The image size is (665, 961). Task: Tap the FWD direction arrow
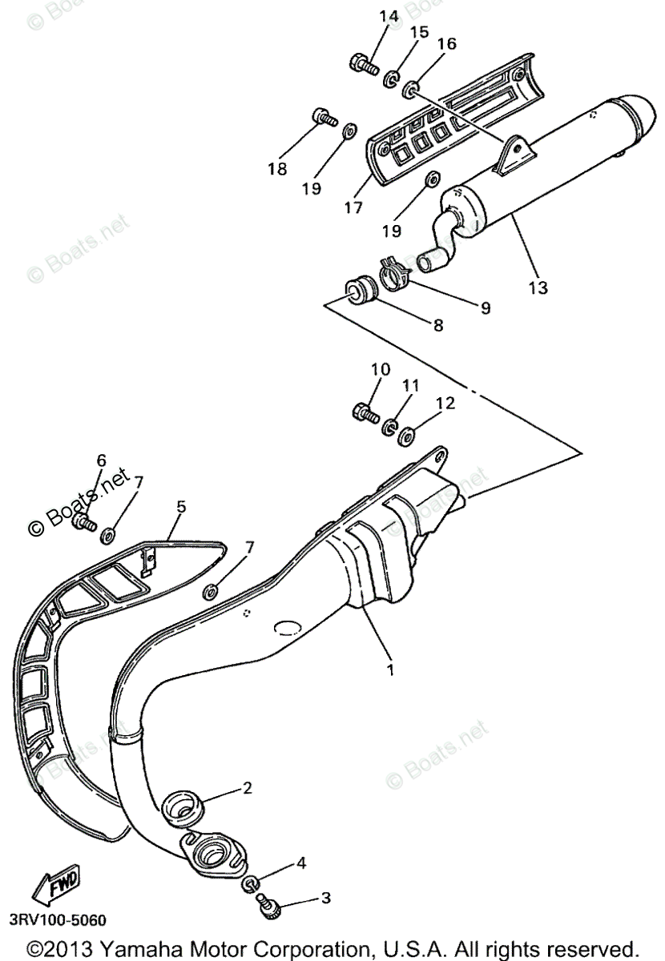tap(54, 889)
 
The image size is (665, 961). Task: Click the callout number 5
tap(181, 506)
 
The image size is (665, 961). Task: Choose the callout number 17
tap(353, 208)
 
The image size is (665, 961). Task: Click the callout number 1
tap(390, 669)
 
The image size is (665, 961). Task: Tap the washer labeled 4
tap(251, 885)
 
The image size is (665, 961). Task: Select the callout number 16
tap(446, 44)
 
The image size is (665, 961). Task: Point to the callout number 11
tap(410, 385)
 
